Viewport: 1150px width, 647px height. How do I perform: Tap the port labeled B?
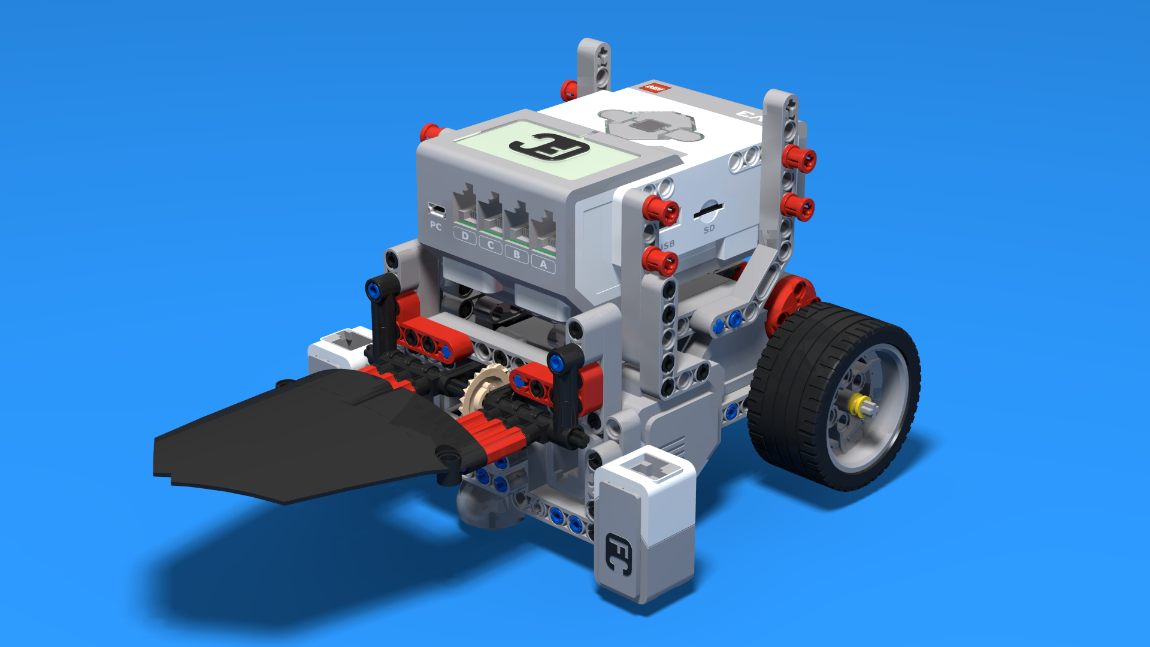(x=517, y=223)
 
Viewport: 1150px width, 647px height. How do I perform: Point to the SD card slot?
(x=709, y=211)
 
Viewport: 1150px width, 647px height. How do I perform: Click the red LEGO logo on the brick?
(x=652, y=89)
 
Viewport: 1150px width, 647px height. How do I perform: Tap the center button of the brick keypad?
(x=649, y=126)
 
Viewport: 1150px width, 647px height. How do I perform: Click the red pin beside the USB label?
(x=660, y=262)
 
